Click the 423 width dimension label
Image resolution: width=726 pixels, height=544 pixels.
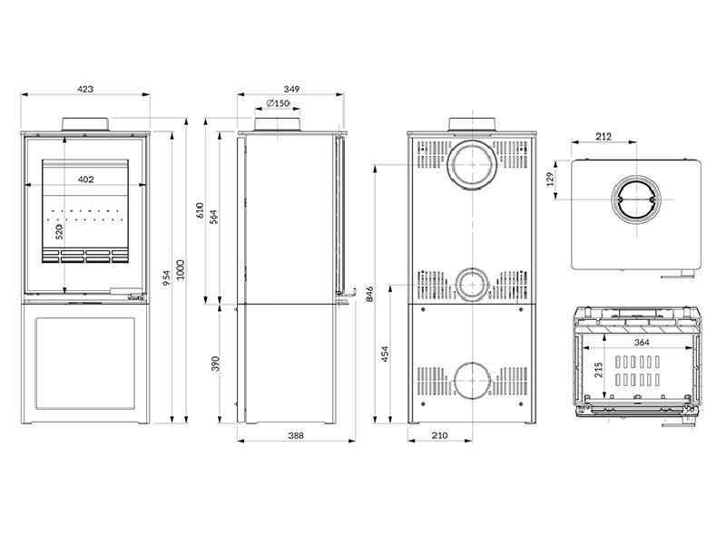(85, 90)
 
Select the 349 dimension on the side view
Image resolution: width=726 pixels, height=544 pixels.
(291, 90)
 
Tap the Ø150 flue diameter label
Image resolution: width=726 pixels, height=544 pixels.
(279, 103)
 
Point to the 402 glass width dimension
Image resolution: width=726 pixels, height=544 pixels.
(85, 180)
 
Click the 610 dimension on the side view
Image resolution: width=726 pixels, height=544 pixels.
(201, 210)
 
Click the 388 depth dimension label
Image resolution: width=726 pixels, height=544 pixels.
(295, 436)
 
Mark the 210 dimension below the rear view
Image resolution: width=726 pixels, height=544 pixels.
(439, 436)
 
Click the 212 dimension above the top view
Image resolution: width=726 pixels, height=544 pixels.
(603, 137)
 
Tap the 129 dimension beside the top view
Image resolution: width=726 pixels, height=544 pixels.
(551, 180)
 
